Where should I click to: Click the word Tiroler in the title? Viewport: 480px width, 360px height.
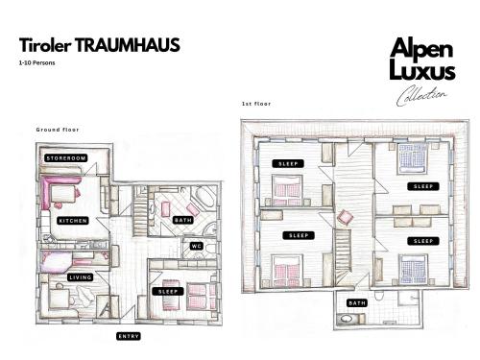pos(45,45)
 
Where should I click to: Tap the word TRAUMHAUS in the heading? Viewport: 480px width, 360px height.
pos(128,45)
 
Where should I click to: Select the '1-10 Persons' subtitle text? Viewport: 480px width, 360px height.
pos(36,62)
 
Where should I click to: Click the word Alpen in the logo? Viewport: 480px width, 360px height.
pos(421,49)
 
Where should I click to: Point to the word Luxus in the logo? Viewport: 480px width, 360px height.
pos(422,70)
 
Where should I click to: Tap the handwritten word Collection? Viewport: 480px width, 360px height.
pos(420,95)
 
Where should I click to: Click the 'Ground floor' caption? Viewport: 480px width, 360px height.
pos(58,130)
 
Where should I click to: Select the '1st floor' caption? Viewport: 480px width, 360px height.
pos(256,104)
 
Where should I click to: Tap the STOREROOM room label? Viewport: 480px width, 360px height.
pos(66,158)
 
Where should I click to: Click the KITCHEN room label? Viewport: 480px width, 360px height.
pos(73,221)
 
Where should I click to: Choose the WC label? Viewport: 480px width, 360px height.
pos(196,246)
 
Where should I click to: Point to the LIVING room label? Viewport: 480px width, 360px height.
pos(81,277)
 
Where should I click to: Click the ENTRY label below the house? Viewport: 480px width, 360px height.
pos(129,336)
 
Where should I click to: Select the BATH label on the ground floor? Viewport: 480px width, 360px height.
pos(183,220)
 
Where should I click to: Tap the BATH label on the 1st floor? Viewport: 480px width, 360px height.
pos(357,303)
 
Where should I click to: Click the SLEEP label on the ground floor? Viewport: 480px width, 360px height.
pos(168,292)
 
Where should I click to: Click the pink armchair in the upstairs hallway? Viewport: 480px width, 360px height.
pos(345,218)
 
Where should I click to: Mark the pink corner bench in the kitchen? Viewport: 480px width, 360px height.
pos(57,189)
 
